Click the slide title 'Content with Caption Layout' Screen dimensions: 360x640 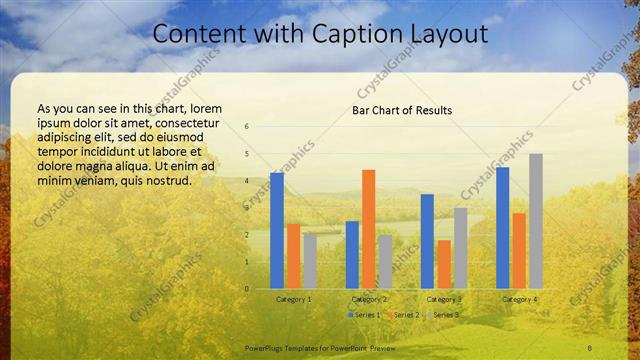coord(320,34)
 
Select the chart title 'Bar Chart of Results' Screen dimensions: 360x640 coord(402,110)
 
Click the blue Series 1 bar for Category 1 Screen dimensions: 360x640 coord(277,230)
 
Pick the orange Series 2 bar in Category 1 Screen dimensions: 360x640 coord(293,256)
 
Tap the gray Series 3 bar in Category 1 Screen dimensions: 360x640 coord(310,261)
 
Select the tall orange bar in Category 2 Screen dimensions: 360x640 coord(369,229)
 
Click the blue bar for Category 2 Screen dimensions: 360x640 coord(352,255)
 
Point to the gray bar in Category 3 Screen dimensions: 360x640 coord(460,248)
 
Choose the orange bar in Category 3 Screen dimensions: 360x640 coord(444,264)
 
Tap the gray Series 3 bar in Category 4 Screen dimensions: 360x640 coord(536,221)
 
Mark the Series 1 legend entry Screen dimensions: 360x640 coord(364,315)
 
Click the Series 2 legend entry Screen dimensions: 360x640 coord(403,315)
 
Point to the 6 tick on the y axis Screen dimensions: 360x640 coord(247,127)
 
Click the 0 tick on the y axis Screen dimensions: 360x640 coord(247,289)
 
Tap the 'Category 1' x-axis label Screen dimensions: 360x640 coord(293,299)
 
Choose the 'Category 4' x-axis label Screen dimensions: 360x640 coord(519,299)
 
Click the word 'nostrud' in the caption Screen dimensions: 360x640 coord(167,180)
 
